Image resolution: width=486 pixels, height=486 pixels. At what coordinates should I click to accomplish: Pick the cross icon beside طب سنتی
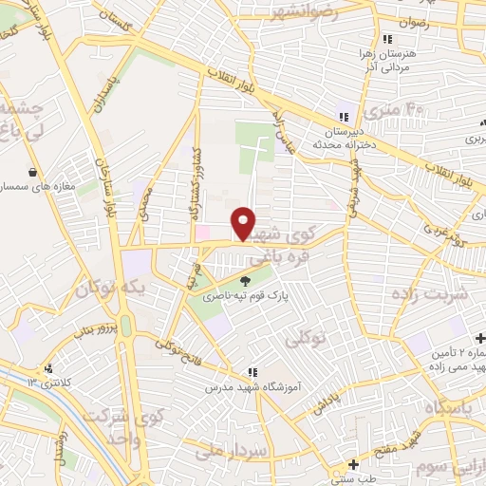pos(353,465)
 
